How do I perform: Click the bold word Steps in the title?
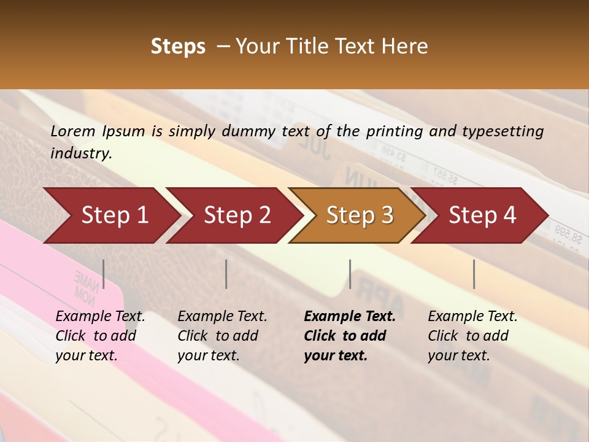(x=178, y=47)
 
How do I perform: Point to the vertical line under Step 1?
(x=104, y=274)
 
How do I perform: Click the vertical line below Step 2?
(x=226, y=274)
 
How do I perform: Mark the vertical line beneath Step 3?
(x=350, y=274)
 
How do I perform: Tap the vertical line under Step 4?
(x=474, y=274)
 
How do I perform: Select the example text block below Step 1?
(x=100, y=336)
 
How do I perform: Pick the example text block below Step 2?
(x=222, y=336)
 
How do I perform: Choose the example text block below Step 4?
(x=472, y=336)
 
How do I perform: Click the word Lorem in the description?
(x=72, y=131)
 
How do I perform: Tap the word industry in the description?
(x=80, y=153)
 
